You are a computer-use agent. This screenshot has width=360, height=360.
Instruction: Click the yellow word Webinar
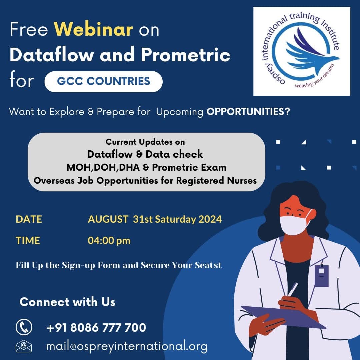click(x=93, y=29)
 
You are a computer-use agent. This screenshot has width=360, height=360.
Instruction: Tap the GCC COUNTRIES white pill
click(x=104, y=82)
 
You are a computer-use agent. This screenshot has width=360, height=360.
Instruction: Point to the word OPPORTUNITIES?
click(x=248, y=112)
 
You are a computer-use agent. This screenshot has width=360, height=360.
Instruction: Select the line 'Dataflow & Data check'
click(x=145, y=154)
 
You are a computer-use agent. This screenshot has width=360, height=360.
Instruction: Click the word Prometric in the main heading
click(x=186, y=55)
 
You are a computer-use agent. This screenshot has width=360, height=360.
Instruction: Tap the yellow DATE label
click(x=29, y=219)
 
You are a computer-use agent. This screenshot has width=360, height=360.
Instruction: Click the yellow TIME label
click(x=28, y=241)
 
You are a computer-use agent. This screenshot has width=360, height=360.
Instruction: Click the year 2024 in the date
click(x=210, y=219)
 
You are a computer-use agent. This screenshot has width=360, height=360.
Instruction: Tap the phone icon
click(x=24, y=327)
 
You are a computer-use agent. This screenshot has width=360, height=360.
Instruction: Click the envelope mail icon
click(x=24, y=346)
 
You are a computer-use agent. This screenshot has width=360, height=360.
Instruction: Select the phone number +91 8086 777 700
click(x=96, y=327)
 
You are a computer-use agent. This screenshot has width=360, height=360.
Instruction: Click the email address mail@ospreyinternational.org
click(x=127, y=346)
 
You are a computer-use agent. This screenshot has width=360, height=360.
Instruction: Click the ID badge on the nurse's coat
click(x=321, y=275)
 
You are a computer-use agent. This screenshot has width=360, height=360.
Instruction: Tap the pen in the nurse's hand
click(x=293, y=290)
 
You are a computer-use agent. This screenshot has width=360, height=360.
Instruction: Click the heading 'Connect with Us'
click(x=67, y=302)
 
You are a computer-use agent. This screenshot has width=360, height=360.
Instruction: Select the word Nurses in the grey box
click(x=242, y=181)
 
